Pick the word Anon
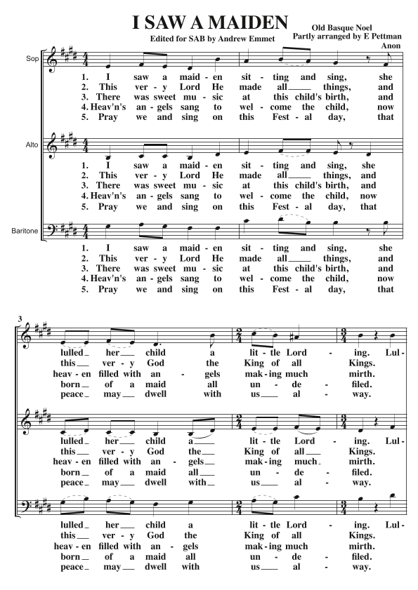click(388, 45)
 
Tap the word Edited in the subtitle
click(174, 38)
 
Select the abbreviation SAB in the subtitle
click(211, 38)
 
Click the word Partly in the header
click(306, 35)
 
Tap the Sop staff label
click(31, 60)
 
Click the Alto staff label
click(31, 145)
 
